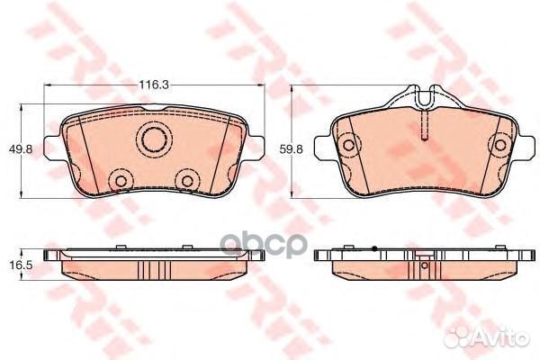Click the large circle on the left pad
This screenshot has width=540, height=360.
152,138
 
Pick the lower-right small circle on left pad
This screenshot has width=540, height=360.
186,180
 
